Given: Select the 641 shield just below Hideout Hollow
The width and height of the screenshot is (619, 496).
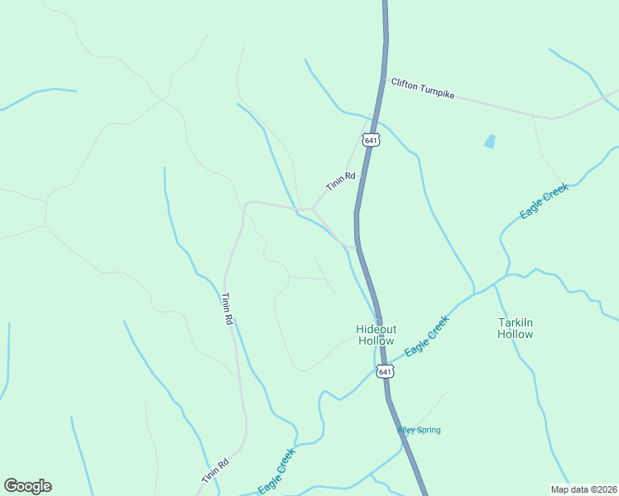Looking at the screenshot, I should pyautogui.click(x=384, y=372).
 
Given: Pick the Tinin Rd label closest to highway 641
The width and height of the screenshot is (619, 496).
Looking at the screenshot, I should pyautogui.click(x=340, y=182).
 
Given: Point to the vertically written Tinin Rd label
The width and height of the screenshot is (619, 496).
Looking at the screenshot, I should pyautogui.click(x=227, y=308).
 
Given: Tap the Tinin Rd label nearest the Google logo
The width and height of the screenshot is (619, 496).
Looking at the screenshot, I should pyautogui.click(x=214, y=472).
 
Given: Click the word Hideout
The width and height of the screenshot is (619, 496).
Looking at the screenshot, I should pyautogui.click(x=376, y=329).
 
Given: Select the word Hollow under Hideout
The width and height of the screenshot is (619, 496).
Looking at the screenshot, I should pyautogui.click(x=376, y=341).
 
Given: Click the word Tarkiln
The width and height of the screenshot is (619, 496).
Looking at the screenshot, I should pyautogui.click(x=515, y=322).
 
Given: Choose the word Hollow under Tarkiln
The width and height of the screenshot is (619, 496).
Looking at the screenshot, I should pyautogui.click(x=515, y=334).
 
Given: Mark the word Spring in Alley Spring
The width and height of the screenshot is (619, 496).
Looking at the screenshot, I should pyautogui.click(x=429, y=430).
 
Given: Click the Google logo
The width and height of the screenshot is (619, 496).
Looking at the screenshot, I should pyautogui.click(x=27, y=486).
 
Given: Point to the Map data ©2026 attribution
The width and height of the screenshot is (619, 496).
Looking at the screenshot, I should pyautogui.click(x=583, y=489).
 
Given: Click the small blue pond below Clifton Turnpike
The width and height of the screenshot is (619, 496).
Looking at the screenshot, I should pyautogui.click(x=490, y=141).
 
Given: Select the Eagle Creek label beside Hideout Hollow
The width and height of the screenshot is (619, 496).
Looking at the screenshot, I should pyautogui.click(x=427, y=336).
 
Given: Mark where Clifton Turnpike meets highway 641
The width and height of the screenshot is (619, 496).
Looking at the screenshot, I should pyautogui.click(x=384, y=79).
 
